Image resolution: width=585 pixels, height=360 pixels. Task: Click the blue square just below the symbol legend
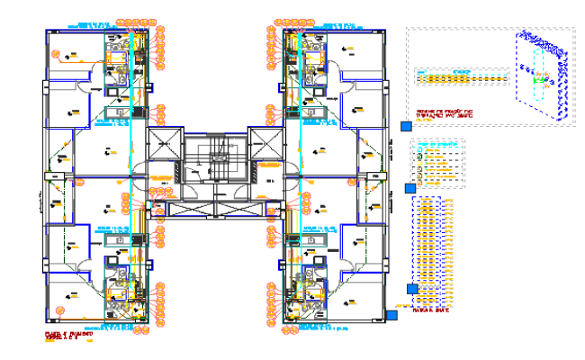(410, 188)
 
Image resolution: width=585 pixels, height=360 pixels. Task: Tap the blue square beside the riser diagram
(413, 289)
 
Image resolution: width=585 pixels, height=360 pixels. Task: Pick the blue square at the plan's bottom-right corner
(392, 314)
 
